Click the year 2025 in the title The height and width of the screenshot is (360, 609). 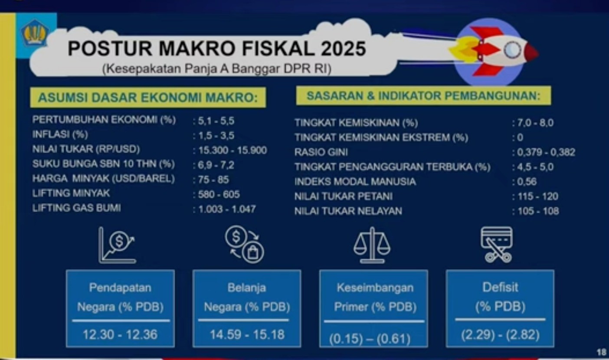tap(343, 49)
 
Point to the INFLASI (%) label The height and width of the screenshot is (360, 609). tap(60, 134)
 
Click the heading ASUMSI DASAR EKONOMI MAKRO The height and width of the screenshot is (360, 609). tap(148, 98)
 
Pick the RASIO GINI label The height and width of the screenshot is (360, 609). tap(321, 152)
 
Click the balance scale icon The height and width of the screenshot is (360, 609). tap(372, 245)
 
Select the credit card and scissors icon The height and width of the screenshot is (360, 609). tap(497, 245)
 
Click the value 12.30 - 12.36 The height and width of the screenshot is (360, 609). tap(120, 334)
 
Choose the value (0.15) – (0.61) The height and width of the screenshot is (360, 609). tap(370, 339)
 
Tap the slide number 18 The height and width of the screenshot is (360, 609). tap(601, 352)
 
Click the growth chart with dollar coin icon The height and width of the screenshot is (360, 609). tap(117, 245)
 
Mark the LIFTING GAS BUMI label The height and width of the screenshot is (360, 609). tap(76, 208)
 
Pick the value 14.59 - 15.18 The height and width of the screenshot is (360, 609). tap(247, 334)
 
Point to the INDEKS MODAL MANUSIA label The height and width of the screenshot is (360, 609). tap(355, 182)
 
